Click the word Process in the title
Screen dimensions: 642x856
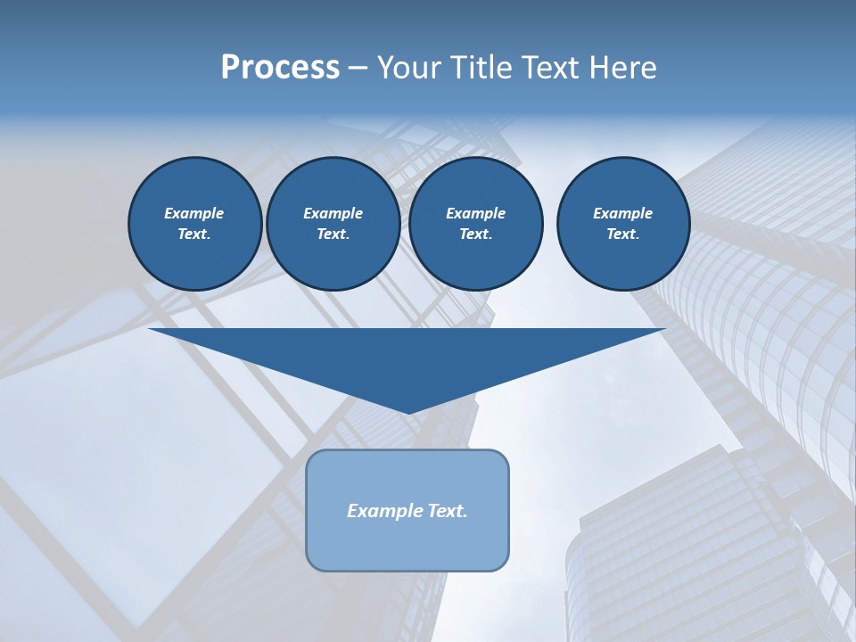click(280, 68)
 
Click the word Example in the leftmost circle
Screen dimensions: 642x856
click(194, 213)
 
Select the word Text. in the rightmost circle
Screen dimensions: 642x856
click(623, 234)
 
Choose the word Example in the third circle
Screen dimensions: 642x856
click(475, 213)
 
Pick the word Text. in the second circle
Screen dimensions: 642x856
click(333, 234)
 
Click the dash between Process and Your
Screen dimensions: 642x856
click(358, 68)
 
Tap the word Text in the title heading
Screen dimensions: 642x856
click(550, 68)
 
